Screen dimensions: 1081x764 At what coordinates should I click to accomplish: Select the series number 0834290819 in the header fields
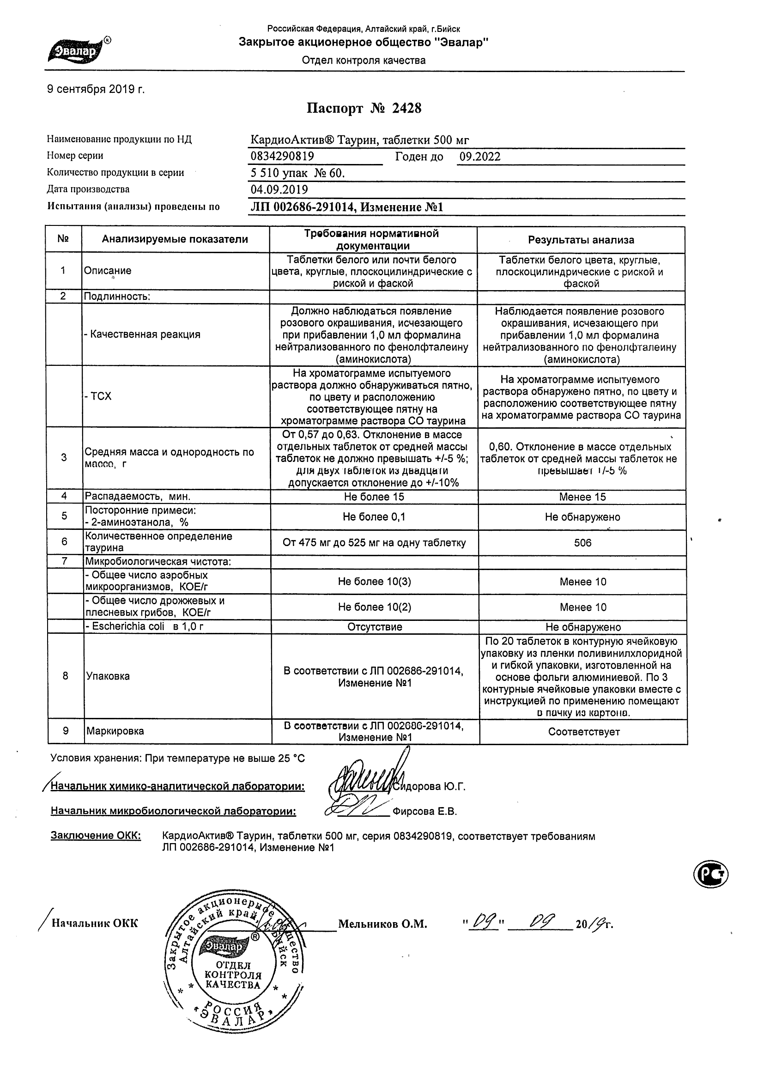pos(282,156)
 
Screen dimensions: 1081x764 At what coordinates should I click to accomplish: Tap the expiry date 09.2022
pos(479,157)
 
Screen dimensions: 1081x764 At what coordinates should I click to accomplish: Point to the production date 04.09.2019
pos(279,189)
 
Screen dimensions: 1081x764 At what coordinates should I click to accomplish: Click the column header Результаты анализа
pos(581,240)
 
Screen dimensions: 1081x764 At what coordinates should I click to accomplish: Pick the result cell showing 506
pos(582,543)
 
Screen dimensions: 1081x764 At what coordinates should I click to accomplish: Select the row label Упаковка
pos(108,676)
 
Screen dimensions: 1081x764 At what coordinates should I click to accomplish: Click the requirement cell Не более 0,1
pos(374,517)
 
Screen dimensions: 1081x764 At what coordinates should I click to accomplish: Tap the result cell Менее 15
pos(582,497)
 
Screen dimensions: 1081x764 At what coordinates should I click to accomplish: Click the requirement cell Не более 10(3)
pos(374,582)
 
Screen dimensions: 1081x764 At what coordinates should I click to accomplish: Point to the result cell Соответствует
pos(584,732)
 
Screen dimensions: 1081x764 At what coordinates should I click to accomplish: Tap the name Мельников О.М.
pos(382,924)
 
